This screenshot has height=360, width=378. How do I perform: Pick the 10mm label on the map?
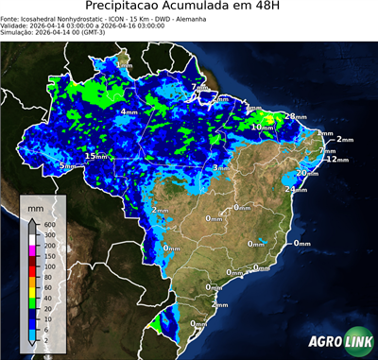pyautogui.click(x=263, y=127)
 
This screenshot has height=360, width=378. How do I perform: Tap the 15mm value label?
pyautogui.click(x=96, y=155)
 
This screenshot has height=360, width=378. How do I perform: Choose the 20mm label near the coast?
pyautogui.click(x=306, y=173)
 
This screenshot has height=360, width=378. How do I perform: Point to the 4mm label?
pyautogui.click(x=128, y=111)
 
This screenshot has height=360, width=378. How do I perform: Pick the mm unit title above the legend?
pyautogui.click(x=35, y=205)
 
